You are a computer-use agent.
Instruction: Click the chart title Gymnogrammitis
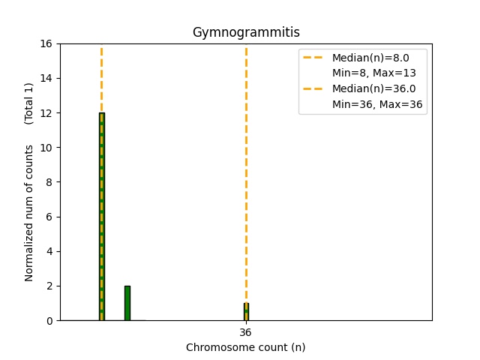point(246,32)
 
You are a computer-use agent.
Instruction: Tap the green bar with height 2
point(127,303)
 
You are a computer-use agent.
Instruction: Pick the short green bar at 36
point(246,312)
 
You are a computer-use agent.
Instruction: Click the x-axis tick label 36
point(246,332)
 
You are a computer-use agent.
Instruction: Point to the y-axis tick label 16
point(46,43)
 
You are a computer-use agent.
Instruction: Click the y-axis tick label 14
point(46,78)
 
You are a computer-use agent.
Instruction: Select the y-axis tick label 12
point(46,113)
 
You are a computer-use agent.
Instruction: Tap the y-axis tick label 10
point(46,148)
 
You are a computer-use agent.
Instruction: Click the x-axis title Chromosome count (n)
point(246,347)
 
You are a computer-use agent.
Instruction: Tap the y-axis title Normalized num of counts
point(29,213)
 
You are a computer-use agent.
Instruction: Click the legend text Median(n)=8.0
point(370,57)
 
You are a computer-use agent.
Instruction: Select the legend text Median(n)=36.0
point(373,88)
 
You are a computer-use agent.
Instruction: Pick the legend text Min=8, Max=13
point(374,73)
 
